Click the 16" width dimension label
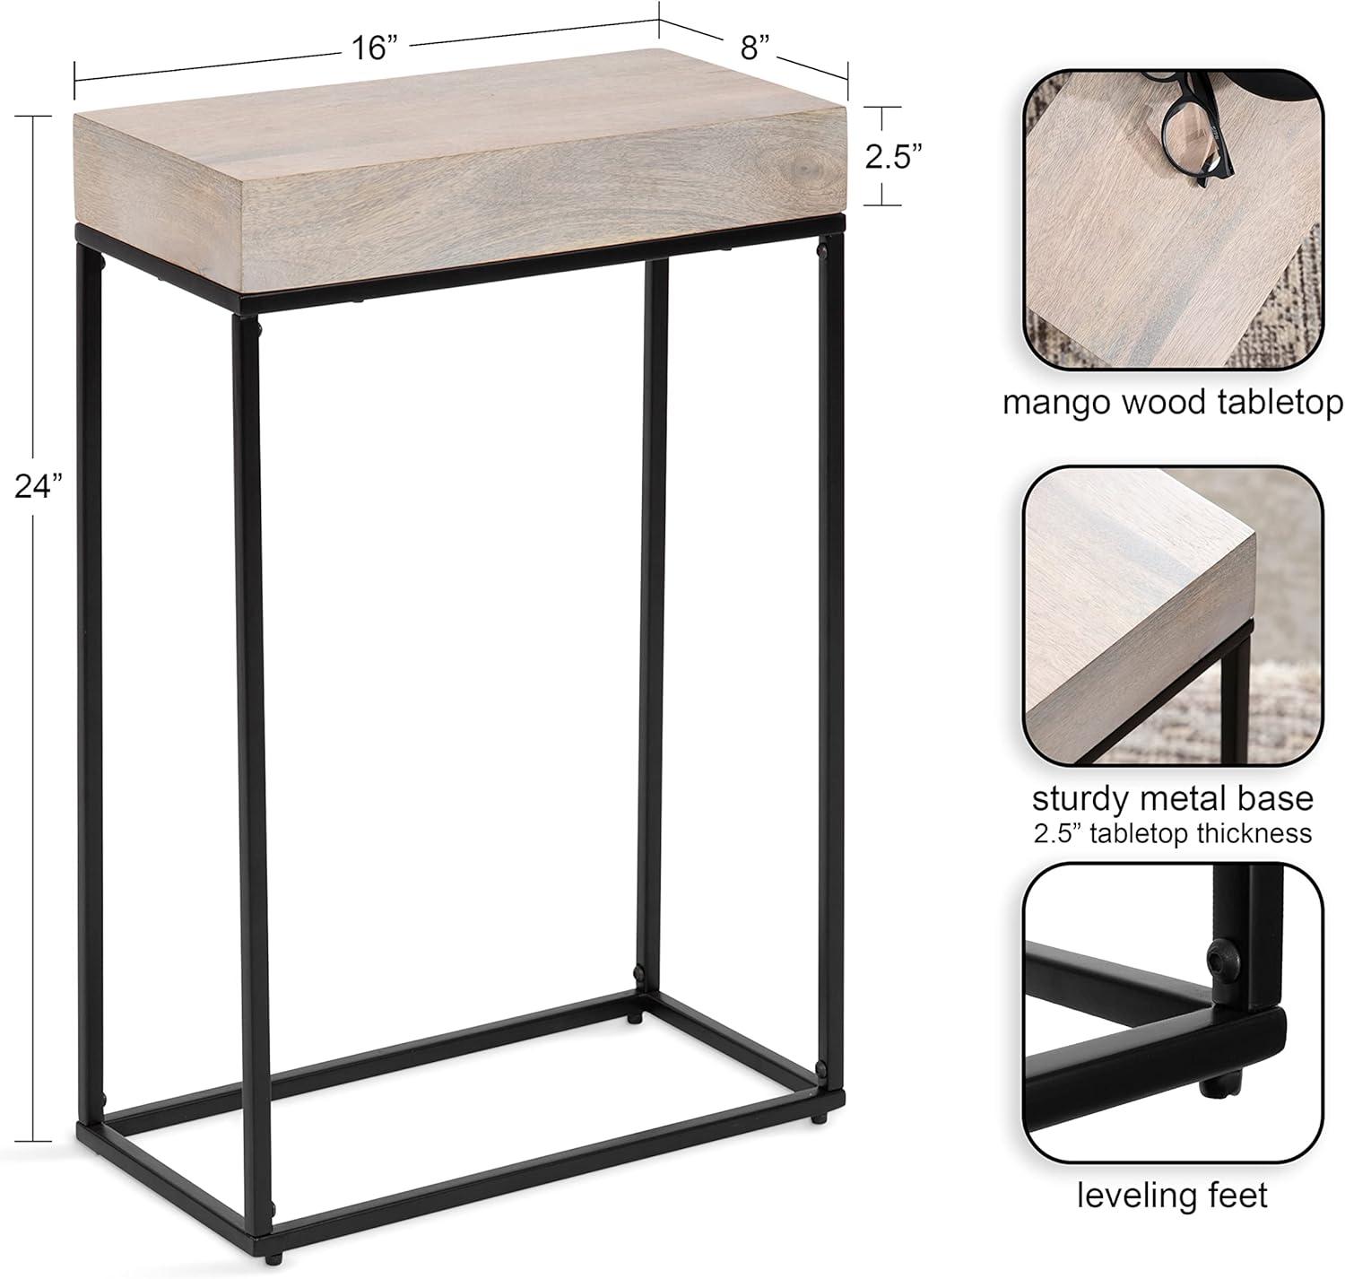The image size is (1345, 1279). coord(374,48)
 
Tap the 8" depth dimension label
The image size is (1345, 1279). coord(755,48)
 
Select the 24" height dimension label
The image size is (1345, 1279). coord(39,486)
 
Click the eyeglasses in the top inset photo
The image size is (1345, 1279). coord(1191,126)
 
